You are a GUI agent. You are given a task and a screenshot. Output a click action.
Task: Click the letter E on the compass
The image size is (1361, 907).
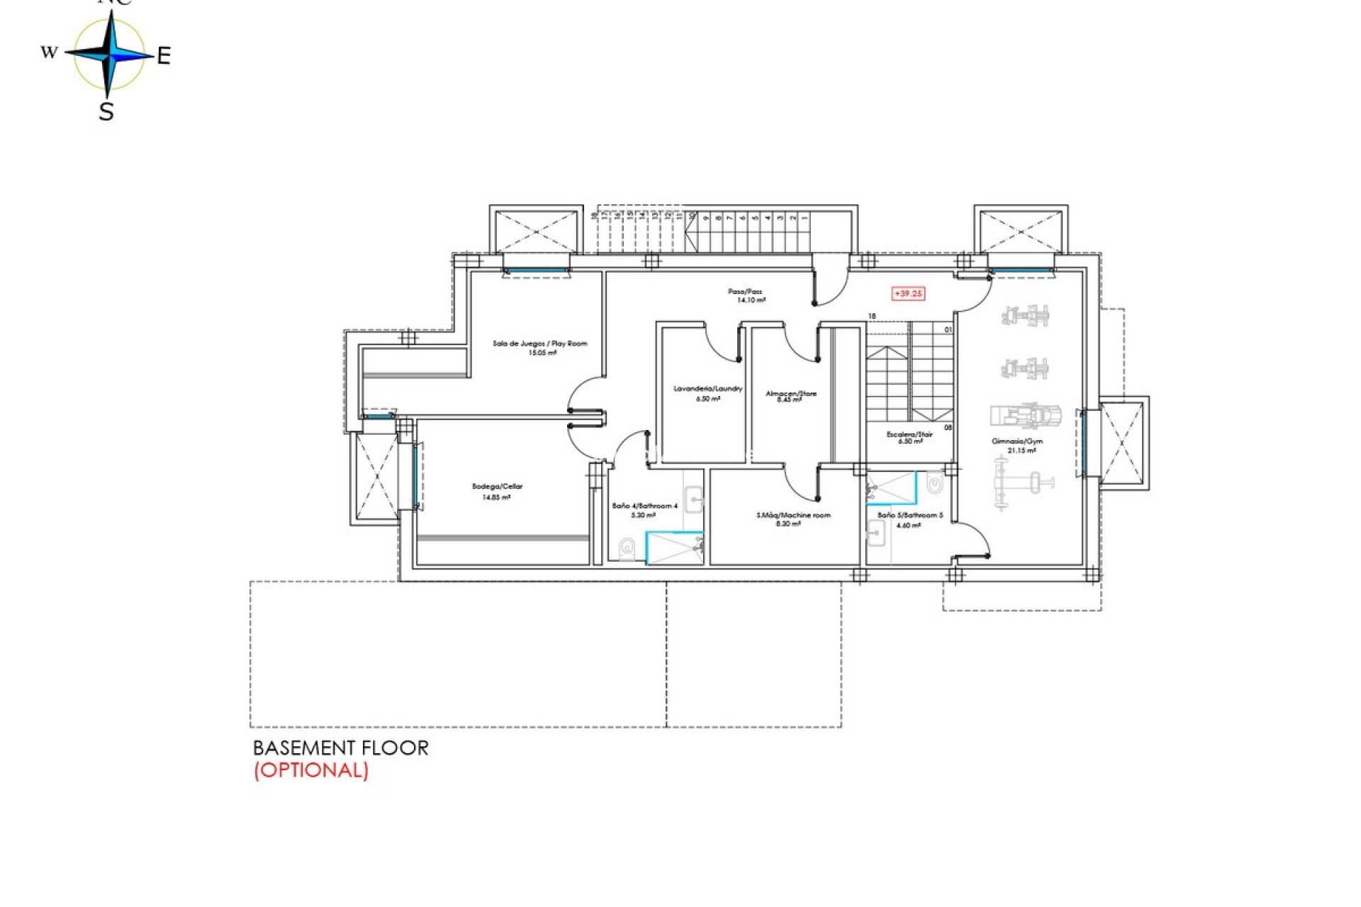coord(163,56)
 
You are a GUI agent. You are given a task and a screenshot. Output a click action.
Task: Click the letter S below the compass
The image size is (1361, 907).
coord(106,112)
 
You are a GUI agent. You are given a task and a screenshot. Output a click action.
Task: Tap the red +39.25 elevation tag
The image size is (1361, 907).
coord(908,293)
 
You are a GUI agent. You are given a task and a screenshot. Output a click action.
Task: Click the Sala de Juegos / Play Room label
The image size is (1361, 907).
coord(539,344)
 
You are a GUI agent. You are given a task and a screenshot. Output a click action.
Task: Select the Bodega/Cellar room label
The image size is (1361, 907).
coord(497,487)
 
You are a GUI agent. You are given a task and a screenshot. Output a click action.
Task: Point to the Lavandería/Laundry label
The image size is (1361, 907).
coord(707,389)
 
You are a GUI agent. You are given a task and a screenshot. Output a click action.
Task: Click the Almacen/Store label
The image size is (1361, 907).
coord(790,393)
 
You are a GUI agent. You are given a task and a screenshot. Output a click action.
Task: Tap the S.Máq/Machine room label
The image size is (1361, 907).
coord(792,515)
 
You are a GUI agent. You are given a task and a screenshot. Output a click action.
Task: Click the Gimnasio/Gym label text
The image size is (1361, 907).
coord(1016,441)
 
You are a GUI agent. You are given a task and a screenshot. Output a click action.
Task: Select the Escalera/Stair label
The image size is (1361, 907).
coord(909,434)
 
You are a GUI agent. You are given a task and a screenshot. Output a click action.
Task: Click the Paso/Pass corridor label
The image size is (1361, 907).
coord(745,291)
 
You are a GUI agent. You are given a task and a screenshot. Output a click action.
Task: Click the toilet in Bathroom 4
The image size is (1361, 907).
coord(626,548)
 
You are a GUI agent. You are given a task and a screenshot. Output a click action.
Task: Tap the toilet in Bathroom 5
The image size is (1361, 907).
coord(934,484)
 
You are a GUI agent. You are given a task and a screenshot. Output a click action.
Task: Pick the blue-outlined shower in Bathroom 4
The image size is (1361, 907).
coord(674,548)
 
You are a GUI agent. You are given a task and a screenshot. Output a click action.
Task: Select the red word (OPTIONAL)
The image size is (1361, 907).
coord(311,770)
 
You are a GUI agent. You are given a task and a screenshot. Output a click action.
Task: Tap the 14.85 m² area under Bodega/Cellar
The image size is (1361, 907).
coord(496,497)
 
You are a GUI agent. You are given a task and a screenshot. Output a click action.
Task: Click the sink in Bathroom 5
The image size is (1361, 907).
coord(876,532)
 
